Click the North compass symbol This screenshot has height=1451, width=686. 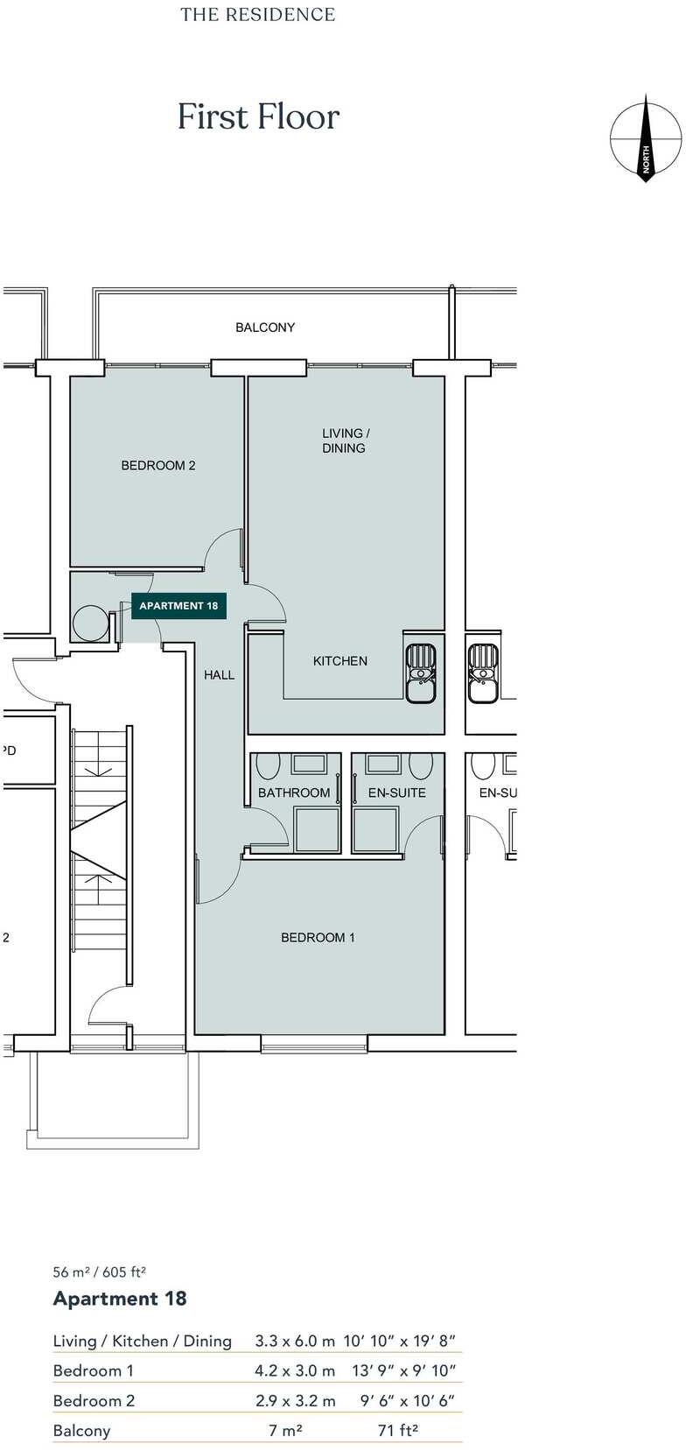646,138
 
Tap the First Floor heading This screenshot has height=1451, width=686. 258,117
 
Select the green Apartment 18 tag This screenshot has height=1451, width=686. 178,606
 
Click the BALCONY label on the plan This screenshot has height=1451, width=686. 265,328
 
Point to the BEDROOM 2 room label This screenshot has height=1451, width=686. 158,466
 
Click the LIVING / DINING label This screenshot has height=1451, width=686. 345,440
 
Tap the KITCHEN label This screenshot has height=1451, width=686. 340,661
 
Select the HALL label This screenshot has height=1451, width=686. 220,675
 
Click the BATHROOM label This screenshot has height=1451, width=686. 294,793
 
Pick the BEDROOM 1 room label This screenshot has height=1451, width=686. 318,938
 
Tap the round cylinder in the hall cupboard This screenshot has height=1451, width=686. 89,623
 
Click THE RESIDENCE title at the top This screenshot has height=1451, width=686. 258,15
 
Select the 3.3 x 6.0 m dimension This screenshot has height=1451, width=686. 295,1342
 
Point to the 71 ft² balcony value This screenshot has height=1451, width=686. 398,1431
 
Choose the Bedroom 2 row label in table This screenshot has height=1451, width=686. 94,1401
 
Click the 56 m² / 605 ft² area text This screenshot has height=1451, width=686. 99,1272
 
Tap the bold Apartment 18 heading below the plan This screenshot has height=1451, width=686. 120,1299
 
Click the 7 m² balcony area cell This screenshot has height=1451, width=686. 286,1431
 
